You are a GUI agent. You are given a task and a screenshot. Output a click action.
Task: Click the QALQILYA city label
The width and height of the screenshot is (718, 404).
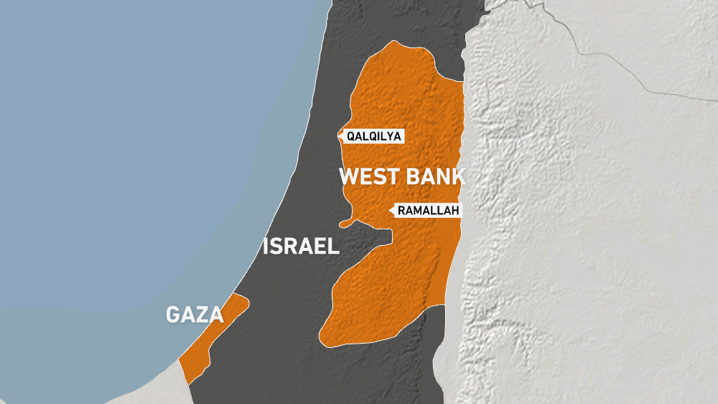pyautogui.click(x=373, y=135)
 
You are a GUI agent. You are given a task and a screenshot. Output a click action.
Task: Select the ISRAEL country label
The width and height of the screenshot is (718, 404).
pyautogui.click(x=301, y=247)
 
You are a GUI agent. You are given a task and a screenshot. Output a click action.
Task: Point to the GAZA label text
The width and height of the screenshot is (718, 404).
pyautogui.click(x=195, y=314)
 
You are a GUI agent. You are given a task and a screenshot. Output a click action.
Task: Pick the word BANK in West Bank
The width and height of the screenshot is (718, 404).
pyautogui.click(x=435, y=177)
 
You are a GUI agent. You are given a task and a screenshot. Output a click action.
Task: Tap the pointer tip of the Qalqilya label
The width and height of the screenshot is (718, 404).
pyautogui.click(x=339, y=135)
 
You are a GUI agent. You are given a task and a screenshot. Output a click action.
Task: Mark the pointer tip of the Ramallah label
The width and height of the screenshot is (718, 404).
pyautogui.click(x=389, y=211)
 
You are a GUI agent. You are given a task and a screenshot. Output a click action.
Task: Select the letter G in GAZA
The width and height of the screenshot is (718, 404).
pyautogui.click(x=173, y=314)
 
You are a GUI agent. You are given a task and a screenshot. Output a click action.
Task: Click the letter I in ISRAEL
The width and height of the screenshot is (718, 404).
pyautogui.click(x=267, y=247)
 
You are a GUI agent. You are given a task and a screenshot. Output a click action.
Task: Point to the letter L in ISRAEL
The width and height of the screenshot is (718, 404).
pyautogui.click(x=333, y=247)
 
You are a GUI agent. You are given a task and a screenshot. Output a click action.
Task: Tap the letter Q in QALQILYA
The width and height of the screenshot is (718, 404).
pyautogui.click(x=350, y=135)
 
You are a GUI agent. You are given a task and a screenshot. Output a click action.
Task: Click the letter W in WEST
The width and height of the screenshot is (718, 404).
pyautogui.click(x=348, y=177)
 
